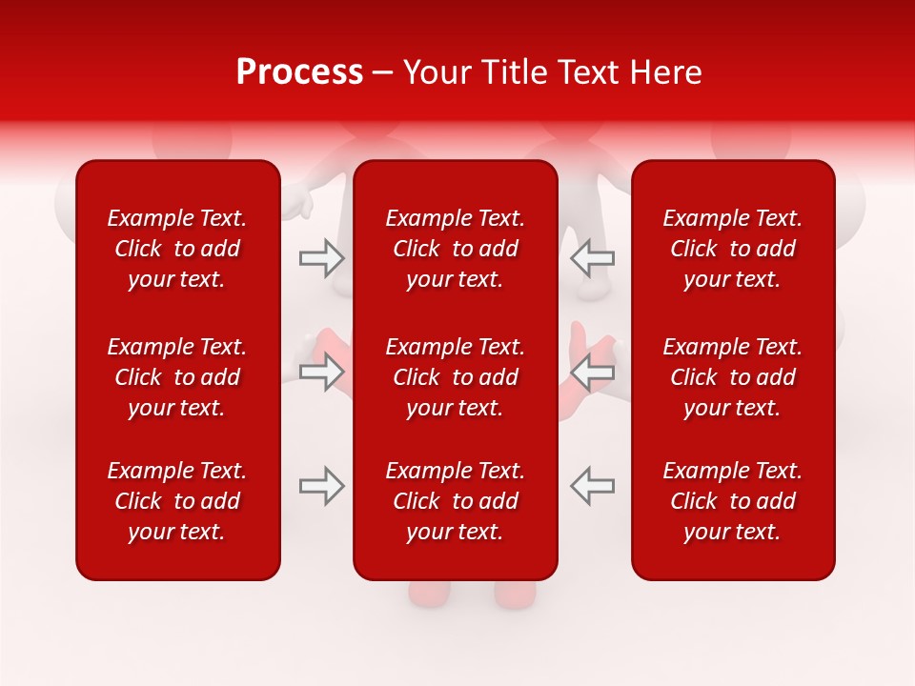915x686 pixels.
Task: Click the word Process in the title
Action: (299, 72)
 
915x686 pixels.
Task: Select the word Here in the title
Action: (665, 72)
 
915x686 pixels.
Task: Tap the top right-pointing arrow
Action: (322, 257)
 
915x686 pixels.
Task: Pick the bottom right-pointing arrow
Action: (322, 486)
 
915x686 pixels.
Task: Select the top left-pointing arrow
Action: (592, 257)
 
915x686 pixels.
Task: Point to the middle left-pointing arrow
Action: (592, 373)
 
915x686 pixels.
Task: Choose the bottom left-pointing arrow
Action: (592, 486)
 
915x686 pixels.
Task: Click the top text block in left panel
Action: (177, 249)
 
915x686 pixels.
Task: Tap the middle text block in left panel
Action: (177, 377)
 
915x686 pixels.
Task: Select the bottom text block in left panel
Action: (177, 501)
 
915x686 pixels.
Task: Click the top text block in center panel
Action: (455, 249)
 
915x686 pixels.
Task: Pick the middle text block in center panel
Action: (455, 377)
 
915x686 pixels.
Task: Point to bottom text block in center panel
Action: (455, 501)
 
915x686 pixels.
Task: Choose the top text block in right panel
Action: (732, 249)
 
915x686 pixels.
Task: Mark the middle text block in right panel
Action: (732, 377)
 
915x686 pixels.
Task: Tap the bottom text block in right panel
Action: (732, 501)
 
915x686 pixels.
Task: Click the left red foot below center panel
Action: (428, 594)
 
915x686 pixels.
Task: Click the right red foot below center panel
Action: (516, 594)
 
